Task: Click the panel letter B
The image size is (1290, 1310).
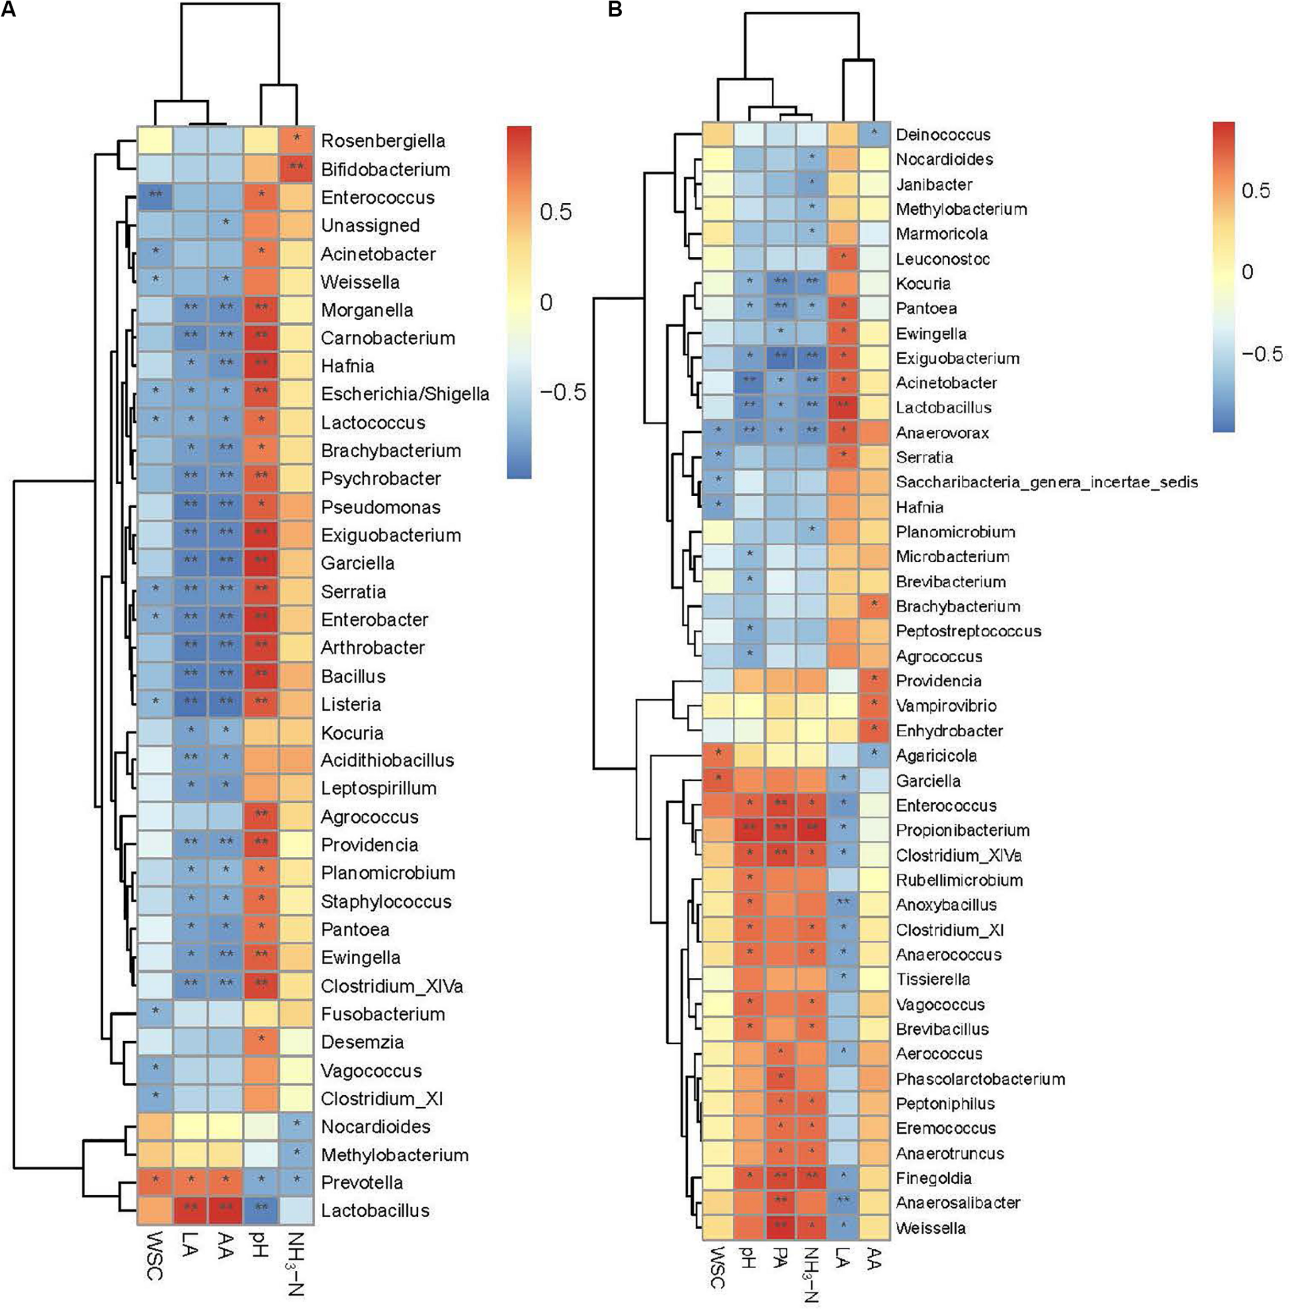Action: coord(614,9)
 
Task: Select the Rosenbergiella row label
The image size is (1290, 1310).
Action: coord(383,141)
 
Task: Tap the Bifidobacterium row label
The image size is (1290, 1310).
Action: coord(385,169)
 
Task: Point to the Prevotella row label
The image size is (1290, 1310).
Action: coord(362,1183)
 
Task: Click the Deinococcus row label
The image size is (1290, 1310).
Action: coord(942,134)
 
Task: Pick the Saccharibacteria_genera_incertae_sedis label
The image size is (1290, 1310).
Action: coord(1047,482)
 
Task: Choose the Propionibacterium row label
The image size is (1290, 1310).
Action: coord(962,831)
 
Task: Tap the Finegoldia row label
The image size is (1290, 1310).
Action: coord(933,1178)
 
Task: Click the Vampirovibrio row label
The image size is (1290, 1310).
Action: coord(946,706)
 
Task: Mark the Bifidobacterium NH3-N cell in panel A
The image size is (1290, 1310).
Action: coord(296,169)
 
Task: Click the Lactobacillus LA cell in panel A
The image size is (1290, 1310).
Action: coord(190,1210)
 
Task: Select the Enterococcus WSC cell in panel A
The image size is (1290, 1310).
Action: coord(155,196)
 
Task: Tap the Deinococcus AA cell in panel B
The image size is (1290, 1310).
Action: coord(874,134)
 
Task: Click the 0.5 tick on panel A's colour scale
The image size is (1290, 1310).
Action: coord(556,212)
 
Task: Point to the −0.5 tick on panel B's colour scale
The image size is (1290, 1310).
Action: coord(1262,354)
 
